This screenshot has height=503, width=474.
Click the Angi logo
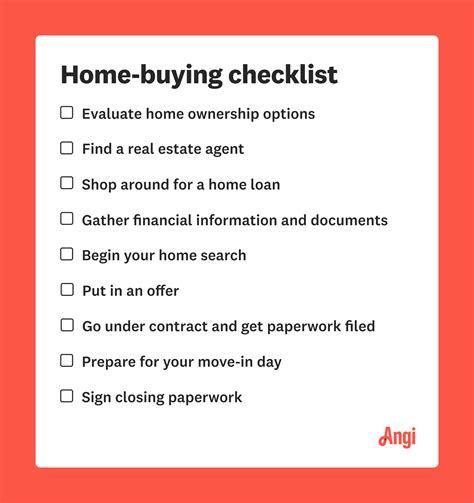[397, 437]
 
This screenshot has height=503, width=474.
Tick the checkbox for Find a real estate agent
[67, 148]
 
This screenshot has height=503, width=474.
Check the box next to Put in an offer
[67, 290]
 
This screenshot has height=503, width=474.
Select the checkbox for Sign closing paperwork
[67, 396]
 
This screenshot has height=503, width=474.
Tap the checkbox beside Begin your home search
[67, 254]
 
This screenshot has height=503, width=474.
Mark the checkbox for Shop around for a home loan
[67, 183]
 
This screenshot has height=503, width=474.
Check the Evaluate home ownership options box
[67, 113]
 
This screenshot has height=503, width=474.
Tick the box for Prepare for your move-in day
[67, 360]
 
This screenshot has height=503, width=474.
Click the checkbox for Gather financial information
[67, 219]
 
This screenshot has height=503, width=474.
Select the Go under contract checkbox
[67, 325]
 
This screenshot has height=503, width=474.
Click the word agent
[222, 149]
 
